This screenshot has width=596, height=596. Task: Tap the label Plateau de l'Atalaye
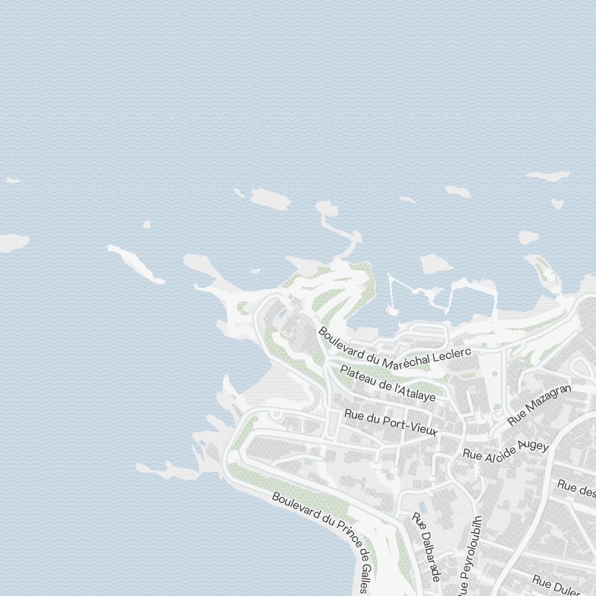click(388, 383)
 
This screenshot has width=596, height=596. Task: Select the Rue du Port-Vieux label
click(391, 423)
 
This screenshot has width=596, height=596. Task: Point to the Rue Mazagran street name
click(539, 405)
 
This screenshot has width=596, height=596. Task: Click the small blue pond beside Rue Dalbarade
click(422, 507)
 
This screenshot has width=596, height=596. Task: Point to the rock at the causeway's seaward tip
click(327, 209)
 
